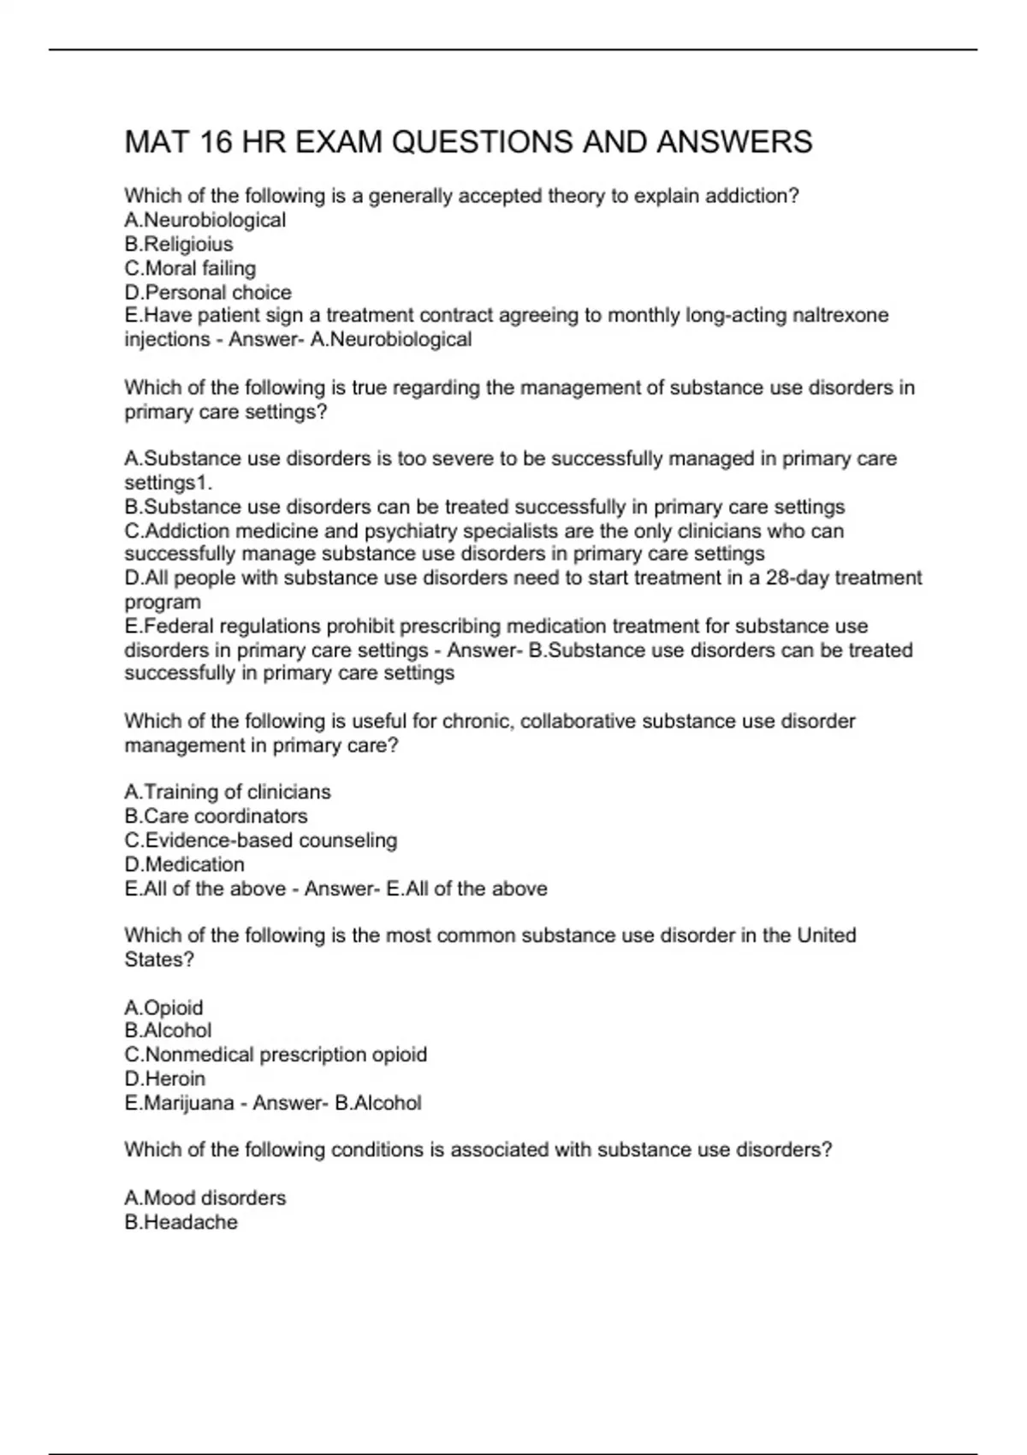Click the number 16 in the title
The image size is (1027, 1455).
point(216,142)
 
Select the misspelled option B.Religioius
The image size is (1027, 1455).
point(178,244)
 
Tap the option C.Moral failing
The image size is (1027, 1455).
point(190,268)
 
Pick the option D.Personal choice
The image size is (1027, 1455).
point(208,292)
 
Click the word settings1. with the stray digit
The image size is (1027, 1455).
point(169,483)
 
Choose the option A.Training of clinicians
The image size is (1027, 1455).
point(228,792)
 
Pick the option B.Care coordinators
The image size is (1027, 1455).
point(216,816)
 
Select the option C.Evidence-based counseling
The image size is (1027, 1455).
point(261,840)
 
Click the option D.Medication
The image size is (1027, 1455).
point(184,864)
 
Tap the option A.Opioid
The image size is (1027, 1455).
point(163,1007)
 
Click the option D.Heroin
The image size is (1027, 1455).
point(164,1078)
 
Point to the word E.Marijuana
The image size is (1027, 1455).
point(179,1102)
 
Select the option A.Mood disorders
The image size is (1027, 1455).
point(205,1197)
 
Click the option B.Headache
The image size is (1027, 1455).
point(181,1221)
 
